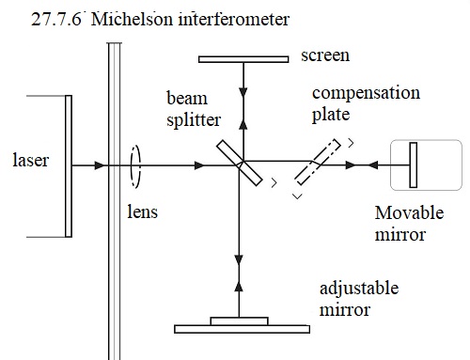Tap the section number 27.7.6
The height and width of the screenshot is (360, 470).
click(x=56, y=19)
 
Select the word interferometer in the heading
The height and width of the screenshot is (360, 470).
click(x=234, y=19)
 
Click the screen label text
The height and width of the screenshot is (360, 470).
click(x=325, y=55)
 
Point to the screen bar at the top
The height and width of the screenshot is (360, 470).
click(x=243, y=59)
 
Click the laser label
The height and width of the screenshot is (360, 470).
click(x=31, y=160)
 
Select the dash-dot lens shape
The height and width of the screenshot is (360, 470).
click(x=135, y=167)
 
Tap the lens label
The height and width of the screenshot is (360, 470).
click(x=142, y=211)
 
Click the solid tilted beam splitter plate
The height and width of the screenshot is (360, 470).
click(x=240, y=163)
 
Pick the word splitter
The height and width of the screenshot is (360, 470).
click(x=194, y=120)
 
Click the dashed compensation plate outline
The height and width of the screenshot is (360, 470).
click(x=318, y=162)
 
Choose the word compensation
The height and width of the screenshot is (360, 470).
click(x=366, y=93)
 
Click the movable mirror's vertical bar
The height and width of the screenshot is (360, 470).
click(x=414, y=165)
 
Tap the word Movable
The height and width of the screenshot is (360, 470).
click(x=409, y=213)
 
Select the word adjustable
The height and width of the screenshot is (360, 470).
click(x=359, y=289)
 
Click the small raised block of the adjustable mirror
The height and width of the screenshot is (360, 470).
click(x=239, y=321)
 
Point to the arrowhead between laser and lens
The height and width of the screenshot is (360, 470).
click(x=100, y=165)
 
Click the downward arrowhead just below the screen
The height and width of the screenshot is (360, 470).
click(x=243, y=93)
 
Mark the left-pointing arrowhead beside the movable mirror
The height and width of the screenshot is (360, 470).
click(x=373, y=165)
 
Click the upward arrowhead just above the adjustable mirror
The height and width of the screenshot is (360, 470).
click(x=239, y=287)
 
